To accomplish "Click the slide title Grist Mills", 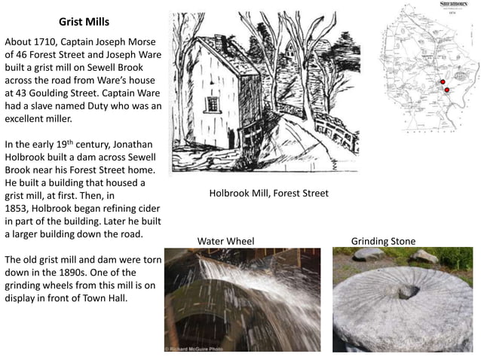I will (84, 23).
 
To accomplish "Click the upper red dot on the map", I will (443, 81).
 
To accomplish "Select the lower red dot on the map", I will (446, 90).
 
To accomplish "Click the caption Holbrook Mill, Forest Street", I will (268, 194).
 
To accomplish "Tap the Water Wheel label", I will (225, 241).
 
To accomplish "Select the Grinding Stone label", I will (383, 241).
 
